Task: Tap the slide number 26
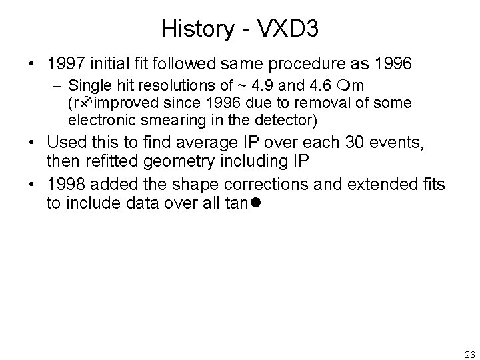(x=469, y=354)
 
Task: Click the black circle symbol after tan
(x=256, y=203)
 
